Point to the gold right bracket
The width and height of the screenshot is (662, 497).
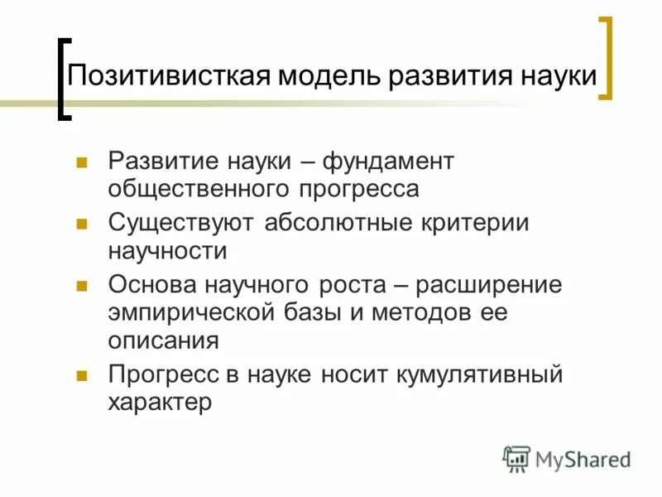click(x=607, y=58)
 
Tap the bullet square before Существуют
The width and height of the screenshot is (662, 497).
click(x=82, y=224)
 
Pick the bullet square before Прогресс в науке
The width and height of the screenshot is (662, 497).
click(x=82, y=374)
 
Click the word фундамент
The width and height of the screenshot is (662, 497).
click(x=388, y=161)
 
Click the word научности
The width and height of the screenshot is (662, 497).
click(x=167, y=250)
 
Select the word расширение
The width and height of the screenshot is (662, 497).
click(x=488, y=285)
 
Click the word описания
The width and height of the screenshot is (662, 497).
click(x=162, y=340)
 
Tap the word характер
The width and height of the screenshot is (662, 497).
click(x=160, y=402)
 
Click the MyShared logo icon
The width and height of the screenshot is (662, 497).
click(x=516, y=458)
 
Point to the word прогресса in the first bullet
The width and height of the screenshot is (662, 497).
click(x=361, y=188)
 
